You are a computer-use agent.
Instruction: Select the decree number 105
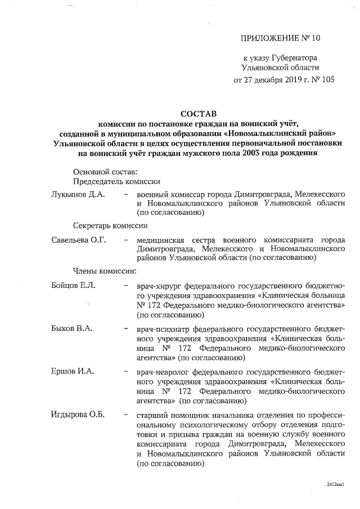(326, 79)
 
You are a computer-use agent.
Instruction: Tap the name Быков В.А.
(71, 328)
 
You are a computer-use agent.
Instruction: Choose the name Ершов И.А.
(73, 372)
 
